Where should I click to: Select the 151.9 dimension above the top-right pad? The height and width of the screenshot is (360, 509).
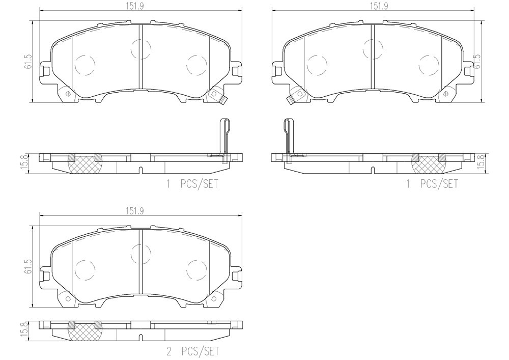[x=379, y=6]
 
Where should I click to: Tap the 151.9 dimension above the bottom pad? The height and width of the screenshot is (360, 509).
[x=135, y=211]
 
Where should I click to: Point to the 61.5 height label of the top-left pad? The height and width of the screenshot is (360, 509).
[x=28, y=61]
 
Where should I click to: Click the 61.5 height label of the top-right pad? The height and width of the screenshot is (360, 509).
[x=477, y=61]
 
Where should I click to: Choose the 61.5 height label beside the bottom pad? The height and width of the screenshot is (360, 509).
[x=28, y=266]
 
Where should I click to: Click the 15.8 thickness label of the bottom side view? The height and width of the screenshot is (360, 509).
[x=27, y=331]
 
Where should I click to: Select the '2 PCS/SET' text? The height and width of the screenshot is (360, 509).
[x=192, y=351]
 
